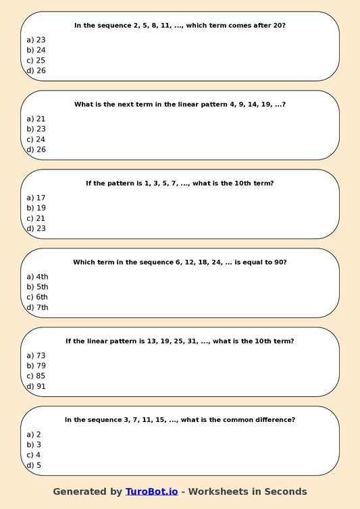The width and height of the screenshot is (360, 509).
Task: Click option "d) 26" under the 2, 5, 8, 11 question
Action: (x=36, y=71)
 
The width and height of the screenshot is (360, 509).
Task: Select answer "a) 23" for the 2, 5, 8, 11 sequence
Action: (x=36, y=40)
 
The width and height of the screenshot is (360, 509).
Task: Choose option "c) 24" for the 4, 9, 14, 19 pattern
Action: (x=36, y=140)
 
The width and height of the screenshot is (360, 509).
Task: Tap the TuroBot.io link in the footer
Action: (x=151, y=491)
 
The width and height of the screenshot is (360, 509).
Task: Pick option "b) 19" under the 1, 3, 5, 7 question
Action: (x=36, y=208)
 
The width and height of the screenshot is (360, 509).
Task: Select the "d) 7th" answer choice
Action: (x=37, y=308)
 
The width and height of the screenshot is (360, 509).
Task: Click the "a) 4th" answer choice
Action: (x=37, y=277)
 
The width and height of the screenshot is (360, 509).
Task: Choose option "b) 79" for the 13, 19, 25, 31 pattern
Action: (x=36, y=366)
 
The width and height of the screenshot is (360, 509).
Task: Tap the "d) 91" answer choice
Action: (x=36, y=387)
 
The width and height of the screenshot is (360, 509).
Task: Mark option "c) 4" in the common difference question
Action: (x=34, y=455)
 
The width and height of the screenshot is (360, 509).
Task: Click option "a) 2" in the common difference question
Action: (x=34, y=434)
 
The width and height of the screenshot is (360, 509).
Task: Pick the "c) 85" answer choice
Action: (x=36, y=376)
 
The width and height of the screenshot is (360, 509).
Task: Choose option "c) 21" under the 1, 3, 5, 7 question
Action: (x=36, y=219)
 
